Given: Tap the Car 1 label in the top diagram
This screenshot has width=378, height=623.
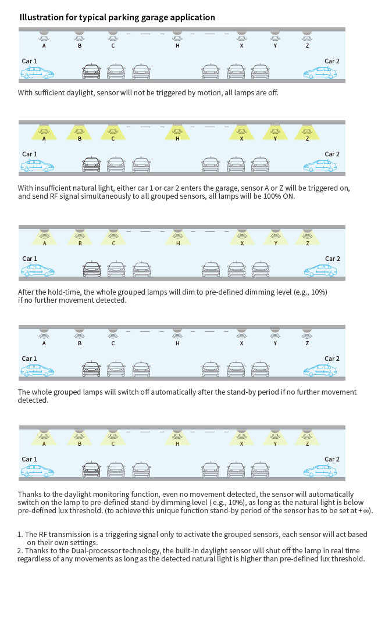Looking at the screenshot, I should [30, 61].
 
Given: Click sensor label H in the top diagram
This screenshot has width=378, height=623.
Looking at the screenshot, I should [177, 45].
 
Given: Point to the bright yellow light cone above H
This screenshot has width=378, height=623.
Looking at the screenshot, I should [177, 133].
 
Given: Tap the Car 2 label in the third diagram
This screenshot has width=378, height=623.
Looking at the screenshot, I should [332, 259].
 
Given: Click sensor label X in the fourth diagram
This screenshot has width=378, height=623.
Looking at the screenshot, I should [241, 343].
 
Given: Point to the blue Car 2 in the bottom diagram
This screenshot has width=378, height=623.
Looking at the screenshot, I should [319, 470].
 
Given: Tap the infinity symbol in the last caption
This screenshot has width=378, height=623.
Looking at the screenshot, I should [365, 511].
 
